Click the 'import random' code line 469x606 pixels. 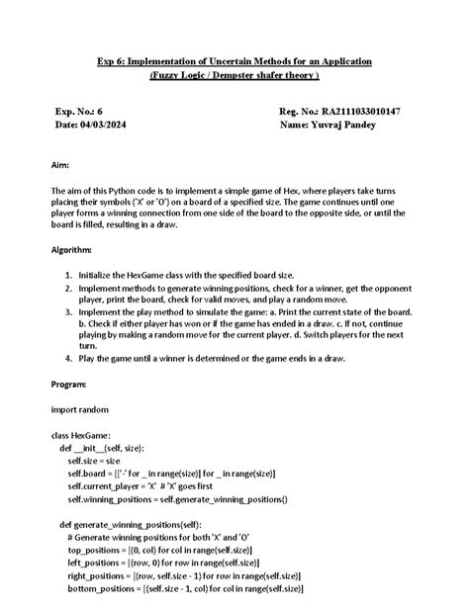click(80, 407)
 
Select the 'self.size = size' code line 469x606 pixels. click(94, 460)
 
